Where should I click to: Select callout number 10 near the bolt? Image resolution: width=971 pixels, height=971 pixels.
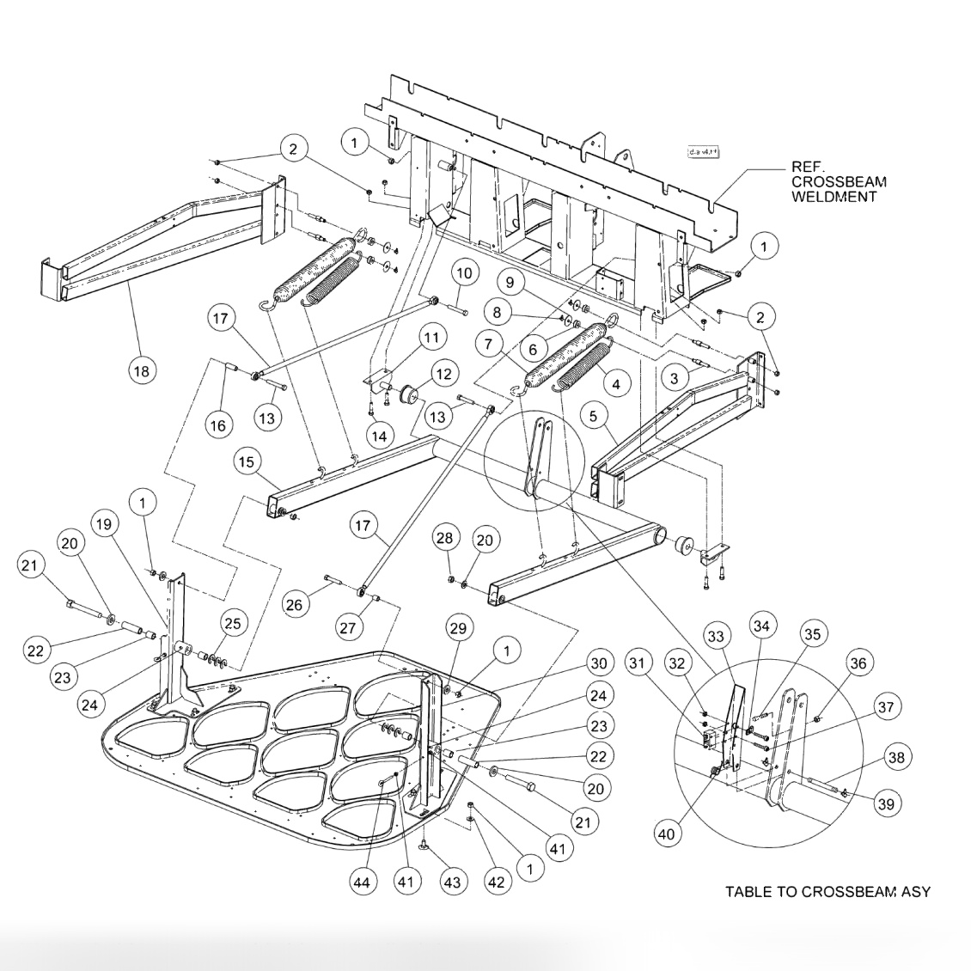(x=464, y=274)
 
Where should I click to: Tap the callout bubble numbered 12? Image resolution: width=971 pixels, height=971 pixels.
(x=443, y=375)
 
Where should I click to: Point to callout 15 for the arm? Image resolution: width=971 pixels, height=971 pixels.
(x=247, y=461)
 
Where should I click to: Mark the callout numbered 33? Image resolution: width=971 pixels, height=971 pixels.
(x=715, y=636)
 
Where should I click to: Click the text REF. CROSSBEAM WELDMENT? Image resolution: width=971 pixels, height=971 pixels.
(x=839, y=182)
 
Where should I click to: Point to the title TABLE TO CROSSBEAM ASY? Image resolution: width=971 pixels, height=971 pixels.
(x=827, y=891)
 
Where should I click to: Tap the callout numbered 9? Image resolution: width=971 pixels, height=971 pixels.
(x=509, y=281)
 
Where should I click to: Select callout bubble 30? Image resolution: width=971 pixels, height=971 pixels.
(x=597, y=663)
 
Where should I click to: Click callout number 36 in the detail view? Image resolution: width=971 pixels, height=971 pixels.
(x=857, y=662)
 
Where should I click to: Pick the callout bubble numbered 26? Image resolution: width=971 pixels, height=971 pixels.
(x=294, y=605)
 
